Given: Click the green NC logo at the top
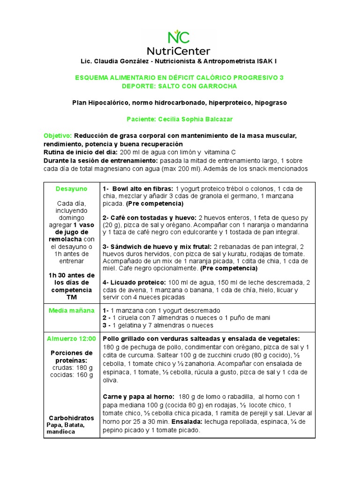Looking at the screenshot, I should (179, 37).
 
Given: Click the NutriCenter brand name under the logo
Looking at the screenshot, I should (179, 51).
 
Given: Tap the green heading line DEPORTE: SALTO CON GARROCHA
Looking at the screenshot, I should (179, 86).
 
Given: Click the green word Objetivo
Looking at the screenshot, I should (58, 135).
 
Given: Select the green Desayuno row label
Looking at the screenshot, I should (71, 188).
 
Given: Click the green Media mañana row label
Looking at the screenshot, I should (71, 310).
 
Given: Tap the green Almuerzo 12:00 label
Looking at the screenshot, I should (71, 338).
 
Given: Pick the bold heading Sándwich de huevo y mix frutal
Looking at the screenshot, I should (157, 247).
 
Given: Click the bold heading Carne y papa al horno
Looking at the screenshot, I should (138, 397).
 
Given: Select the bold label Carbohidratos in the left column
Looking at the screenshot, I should (71, 418).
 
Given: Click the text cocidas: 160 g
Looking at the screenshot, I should (71, 375).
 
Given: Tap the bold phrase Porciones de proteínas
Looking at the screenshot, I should (71, 356).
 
